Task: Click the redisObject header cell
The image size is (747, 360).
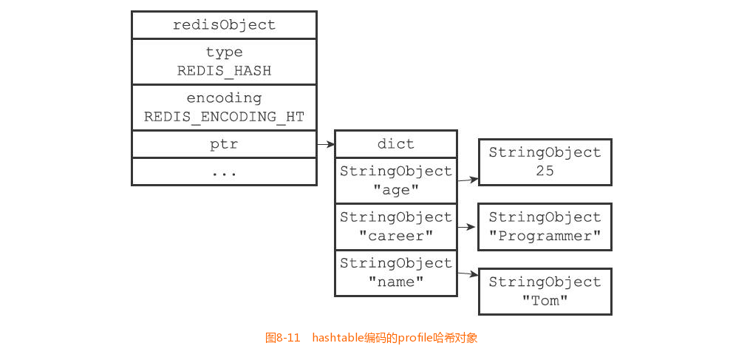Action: (x=224, y=25)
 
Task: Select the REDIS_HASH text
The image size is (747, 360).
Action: (x=224, y=71)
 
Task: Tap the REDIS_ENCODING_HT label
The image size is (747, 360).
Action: (x=224, y=117)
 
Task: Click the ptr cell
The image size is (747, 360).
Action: (x=224, y=144)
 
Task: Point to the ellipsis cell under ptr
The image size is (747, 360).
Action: (x=224, y=171)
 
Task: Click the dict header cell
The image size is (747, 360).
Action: (x=395, y=144)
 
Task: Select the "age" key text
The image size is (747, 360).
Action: (x=395, y=190)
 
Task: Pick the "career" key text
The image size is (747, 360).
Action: (x=395, y=236)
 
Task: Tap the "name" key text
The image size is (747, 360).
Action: (x=395, y=282)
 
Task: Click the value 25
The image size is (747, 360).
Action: (x=545, y=171)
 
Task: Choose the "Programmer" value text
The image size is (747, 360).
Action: (x=545, y=236)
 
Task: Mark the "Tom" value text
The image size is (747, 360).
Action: (x=545, y=301)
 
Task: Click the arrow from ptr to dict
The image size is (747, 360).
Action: (x=326, y=145)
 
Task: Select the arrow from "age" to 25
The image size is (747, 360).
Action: (x=468, y=179)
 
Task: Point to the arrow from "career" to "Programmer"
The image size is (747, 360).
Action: (x=468, y=227)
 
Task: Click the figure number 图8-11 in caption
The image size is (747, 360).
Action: (x=282, y=338)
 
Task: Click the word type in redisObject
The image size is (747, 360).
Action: (x=224, y=52)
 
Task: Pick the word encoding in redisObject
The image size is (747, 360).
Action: (x=224, y=98)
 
